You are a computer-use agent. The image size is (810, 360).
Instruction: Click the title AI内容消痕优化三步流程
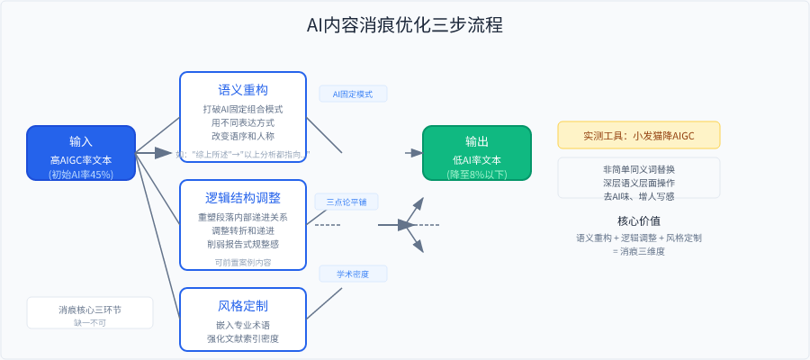pyautogui.click(x=405, y=25)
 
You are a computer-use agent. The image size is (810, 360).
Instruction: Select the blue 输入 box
pyautogui.click(x=81, y=153)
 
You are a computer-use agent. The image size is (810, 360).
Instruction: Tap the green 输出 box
pyautogui.click(x=477, y=153)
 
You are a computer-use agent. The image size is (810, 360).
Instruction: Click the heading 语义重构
pyautogui.click(x=243, y=90)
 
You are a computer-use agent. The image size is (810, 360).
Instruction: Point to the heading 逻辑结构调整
pyautogui.click(x=243, y=198)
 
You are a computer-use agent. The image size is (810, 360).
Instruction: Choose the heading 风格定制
pyautogui.click(x=243, y=305)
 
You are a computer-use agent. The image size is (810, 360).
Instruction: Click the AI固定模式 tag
pyautogui.click(x=353, y=94)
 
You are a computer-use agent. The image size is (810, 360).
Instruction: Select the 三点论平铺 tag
pyautogui.click(x=346, y=201)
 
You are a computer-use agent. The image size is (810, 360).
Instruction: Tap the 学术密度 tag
pyautogui.click(x=353, y=274)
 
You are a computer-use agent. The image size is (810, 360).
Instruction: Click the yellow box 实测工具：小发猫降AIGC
pyautogui.click(x=639, y=135)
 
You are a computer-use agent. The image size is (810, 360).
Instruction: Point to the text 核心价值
pyautogui.click(x=639, y=220)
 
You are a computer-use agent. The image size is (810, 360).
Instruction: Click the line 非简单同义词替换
pyautogui.click(x=639, y=169)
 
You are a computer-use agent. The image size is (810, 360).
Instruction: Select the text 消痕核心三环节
pyautogui.click(x=90, y=310)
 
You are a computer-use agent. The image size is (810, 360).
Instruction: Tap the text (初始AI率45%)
pyautogui.click(x=81, y=175)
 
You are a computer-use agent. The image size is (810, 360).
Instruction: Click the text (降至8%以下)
pyautogui.click(x=477, y=175)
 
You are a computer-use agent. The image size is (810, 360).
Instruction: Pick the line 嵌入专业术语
pyautogui.click(x=243, y=325)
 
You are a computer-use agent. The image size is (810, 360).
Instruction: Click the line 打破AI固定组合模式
pyautogui.click(x=243, y=109)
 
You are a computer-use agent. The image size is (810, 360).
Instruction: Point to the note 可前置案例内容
pyautogui.click(x=243, y=263)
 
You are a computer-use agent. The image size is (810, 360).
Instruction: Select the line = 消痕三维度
pyautogui.click(x=639, y=251)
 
